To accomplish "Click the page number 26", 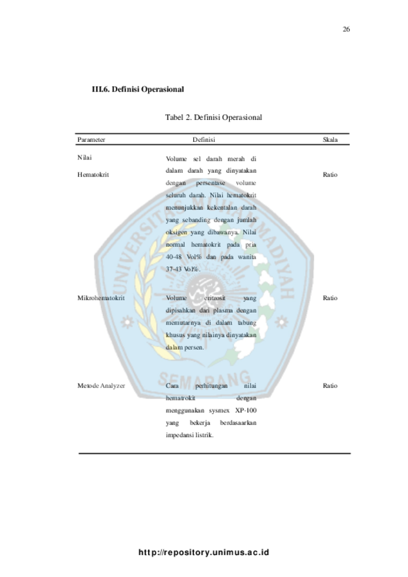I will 346,30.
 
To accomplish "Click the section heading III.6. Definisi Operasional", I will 137,90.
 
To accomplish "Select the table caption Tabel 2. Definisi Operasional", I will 213,117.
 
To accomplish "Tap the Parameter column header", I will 91,139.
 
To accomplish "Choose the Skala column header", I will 330,139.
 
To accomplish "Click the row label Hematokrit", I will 93,175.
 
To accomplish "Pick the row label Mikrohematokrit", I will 100,298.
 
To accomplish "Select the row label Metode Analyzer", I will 100,385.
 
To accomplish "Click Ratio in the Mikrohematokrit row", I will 330,298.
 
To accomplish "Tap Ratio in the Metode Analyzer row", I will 330,385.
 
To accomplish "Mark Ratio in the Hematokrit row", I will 330,175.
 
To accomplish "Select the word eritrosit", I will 215,298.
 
